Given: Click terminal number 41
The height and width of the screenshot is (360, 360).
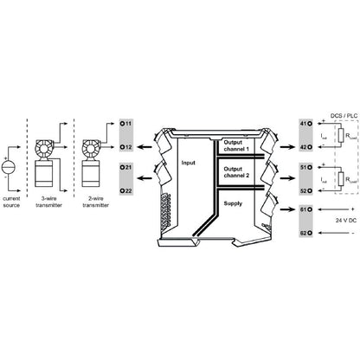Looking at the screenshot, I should click(x=304, y=125).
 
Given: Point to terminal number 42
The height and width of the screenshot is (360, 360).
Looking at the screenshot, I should click(x=304, y=148).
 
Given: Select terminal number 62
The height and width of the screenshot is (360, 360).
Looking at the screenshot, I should click(x=304, y=233).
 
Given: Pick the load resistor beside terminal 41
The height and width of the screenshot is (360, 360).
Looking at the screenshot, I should click(x=344, y=136).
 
